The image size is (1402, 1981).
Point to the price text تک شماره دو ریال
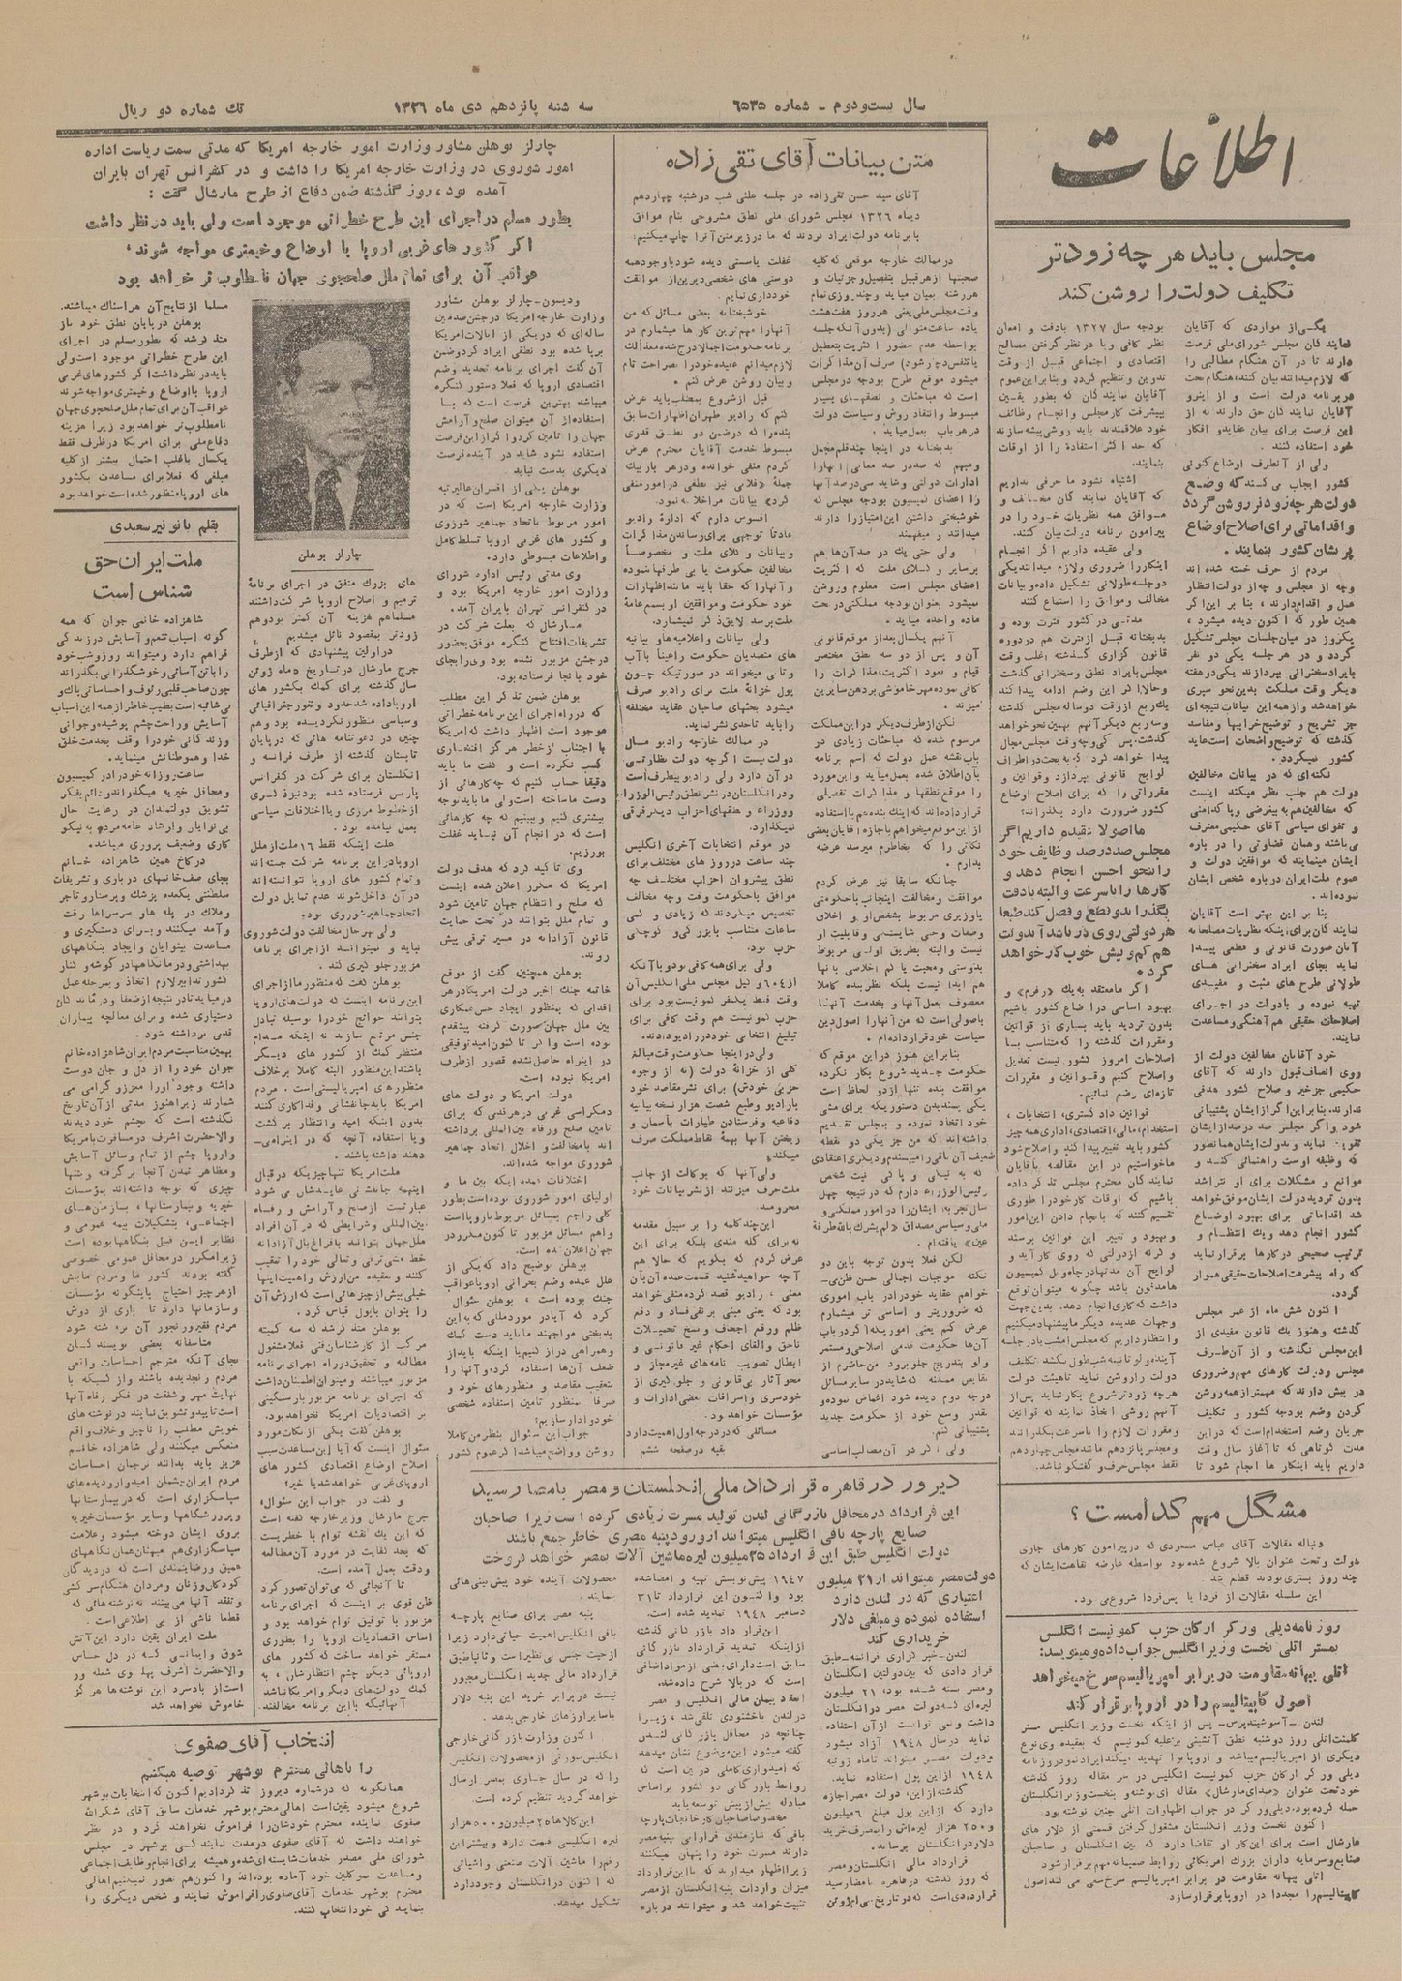pos(197,106)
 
